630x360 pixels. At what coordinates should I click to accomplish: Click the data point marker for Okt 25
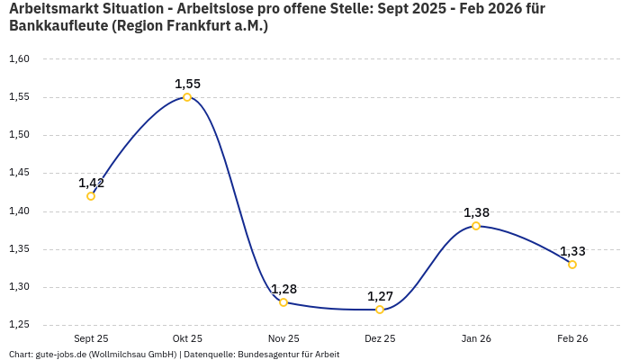click(x=187, y=97)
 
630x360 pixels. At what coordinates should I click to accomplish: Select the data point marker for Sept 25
click(x=91, y=196)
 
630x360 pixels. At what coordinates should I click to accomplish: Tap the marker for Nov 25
click(x=283, y=302)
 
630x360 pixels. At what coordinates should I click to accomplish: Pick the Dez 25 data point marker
click(x=380, y=310)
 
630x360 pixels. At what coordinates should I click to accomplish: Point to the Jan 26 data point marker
click(x=476, y=226)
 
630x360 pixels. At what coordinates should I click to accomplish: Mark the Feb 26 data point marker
click(x=572, y=265)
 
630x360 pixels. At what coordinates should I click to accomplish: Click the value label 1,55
click(x=187, y=84)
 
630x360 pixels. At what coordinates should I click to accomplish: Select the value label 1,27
click(x=380, y=296)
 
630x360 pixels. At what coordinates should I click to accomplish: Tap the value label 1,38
click(x=476, y=212)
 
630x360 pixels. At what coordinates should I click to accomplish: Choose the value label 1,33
click(x=572, y=251)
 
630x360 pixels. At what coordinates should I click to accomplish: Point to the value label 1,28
click(x=283, y=289)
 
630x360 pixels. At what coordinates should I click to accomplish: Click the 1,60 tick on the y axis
click(x=20, y=59)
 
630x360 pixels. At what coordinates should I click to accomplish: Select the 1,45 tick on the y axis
click(x=20, y=173)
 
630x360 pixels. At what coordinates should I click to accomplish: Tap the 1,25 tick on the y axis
click(x=20, y=325)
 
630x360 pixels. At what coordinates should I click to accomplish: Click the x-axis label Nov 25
click(x=283, y=338)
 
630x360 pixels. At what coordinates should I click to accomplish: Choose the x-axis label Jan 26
click(x=476, y=338)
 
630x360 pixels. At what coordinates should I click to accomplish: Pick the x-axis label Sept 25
click(x=91, y=338)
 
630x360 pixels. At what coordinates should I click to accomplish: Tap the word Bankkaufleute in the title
click(x=58, y=26)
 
